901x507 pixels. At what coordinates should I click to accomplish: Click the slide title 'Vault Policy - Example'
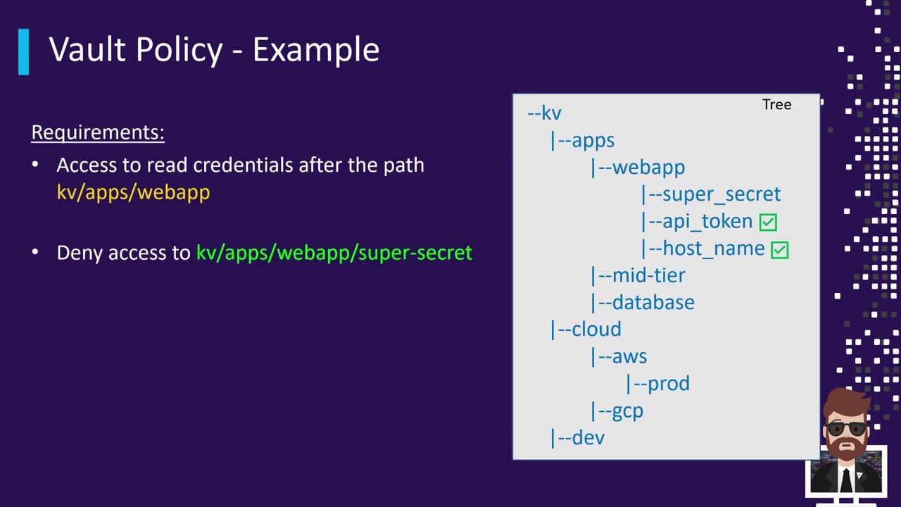(x=214, y=50)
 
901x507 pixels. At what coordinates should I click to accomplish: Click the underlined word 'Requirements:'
(x=98, y=132)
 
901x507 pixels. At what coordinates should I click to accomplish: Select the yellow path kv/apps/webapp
(x=133, y=192)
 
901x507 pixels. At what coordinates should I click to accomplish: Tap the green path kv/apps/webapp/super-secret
(x=334, y=252)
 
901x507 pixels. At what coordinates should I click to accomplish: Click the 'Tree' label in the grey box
(x=776, y=104)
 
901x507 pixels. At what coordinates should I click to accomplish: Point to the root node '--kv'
(x=544, y=113)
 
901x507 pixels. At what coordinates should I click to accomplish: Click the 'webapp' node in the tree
(x=648, y=167)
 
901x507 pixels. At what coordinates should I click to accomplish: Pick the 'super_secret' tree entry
(x=721, y=194)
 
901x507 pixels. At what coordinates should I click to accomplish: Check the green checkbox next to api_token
(x=768, y=223)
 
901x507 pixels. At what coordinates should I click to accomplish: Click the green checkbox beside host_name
(x=780, y=249)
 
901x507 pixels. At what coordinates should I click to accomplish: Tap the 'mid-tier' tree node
(x=648, y=275)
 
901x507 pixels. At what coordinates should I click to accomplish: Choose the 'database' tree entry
(x=653, y=302)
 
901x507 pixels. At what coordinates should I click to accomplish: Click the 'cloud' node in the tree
(x=596, y=329)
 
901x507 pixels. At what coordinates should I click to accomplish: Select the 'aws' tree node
(x=629, y=356)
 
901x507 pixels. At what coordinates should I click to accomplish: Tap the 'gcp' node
(x=627, y=411)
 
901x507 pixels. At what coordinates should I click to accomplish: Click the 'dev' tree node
(x=588, y=437)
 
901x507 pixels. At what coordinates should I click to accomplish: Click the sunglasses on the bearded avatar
(x=847, y=428)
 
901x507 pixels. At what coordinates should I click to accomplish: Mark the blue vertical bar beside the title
(x=24, y=51)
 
